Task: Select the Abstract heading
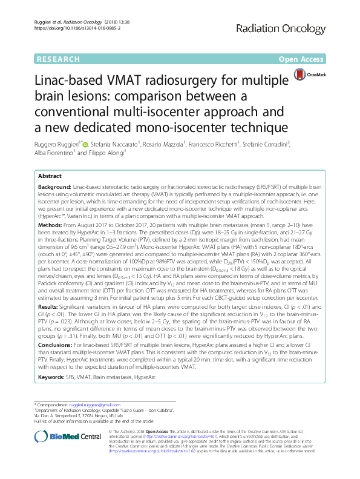(x=50, y=174)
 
